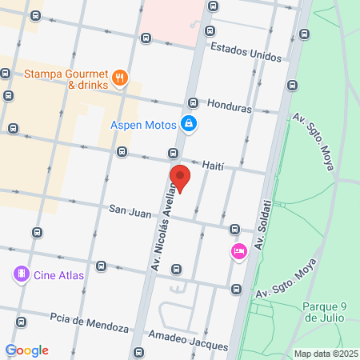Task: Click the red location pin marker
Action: tap(180, 178)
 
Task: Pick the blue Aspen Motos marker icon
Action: tap(189, 124)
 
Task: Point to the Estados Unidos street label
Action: tap(246, 52)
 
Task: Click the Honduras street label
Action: tap(229, 106)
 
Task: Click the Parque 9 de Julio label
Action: tap(324, 312)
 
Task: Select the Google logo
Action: tap(26, 350)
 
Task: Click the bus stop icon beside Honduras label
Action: tap(193, 103)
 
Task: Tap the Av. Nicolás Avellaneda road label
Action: tap(166, 226)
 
